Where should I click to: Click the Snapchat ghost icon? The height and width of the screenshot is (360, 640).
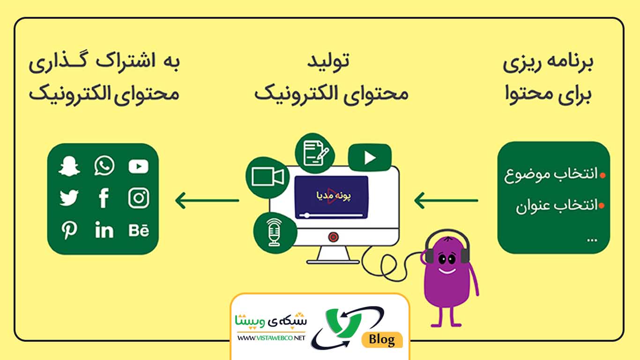coord(69,166)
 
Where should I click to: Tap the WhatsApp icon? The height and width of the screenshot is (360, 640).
coord(104,166)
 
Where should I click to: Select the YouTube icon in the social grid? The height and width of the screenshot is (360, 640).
coord(138,166)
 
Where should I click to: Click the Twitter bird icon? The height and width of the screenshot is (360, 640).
coord(69,199)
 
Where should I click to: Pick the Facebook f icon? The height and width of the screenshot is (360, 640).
coord(104,199)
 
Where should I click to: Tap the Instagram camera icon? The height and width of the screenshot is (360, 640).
coord(138,199)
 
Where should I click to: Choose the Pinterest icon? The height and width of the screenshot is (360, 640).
coord(69,231)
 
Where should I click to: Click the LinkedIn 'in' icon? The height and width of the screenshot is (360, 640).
coord(104,231)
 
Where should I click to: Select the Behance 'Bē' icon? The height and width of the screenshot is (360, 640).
coord(138,231)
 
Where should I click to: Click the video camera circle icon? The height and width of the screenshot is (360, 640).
coord(268,177)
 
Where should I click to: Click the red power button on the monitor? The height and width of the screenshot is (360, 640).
coord(333,237)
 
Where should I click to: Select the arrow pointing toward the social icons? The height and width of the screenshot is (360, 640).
coord(207,201)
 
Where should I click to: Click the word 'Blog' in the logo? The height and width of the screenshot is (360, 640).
coord(382,339)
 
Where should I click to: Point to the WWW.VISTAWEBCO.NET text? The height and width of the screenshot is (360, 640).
coord(271,337)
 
